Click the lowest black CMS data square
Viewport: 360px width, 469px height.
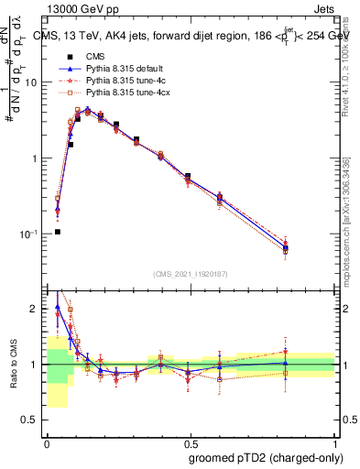57,232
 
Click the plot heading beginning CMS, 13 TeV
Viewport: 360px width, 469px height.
192,38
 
